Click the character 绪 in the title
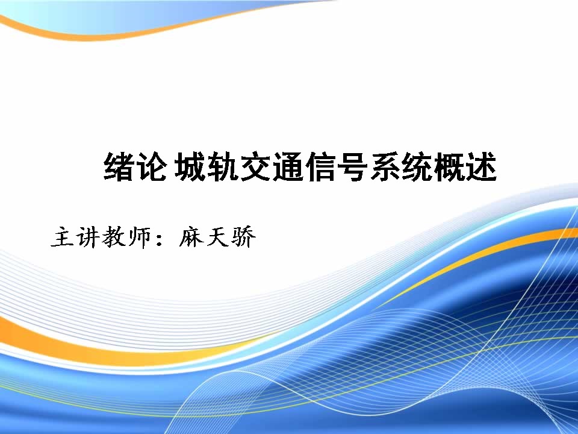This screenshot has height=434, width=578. point(118,167)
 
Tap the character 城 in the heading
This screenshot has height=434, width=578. point(190,167)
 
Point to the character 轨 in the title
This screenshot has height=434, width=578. point(223,167)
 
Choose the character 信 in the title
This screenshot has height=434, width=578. point(320,167)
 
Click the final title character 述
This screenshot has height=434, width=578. point(482,167)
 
